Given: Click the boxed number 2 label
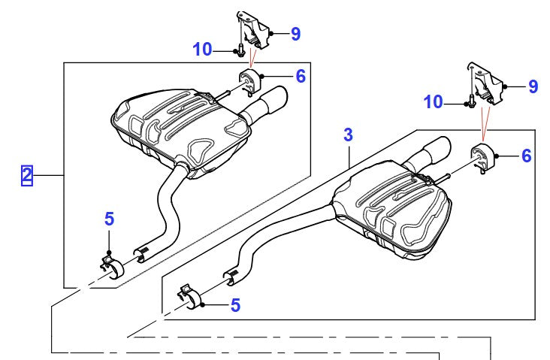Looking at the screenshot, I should click(27, 176).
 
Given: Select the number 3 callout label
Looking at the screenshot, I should click(348, 135).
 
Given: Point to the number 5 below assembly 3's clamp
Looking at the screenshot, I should click(235, 305).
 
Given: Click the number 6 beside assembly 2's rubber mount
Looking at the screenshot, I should click(300, 76).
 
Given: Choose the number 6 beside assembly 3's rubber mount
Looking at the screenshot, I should click(526, 156).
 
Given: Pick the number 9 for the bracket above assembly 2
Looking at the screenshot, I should click(295, 33).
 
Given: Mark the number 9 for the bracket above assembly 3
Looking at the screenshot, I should click(533, 86).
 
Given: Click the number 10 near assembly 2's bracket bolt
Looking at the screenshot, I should click(202, 50).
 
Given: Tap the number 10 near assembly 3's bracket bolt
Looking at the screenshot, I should click(434, 101).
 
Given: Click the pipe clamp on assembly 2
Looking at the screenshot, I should click(113, 266).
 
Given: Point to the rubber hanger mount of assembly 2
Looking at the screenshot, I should click(249, 78).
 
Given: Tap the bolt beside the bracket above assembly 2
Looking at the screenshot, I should click(239, 51).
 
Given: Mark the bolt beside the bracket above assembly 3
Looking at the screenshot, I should click(471, 101).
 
